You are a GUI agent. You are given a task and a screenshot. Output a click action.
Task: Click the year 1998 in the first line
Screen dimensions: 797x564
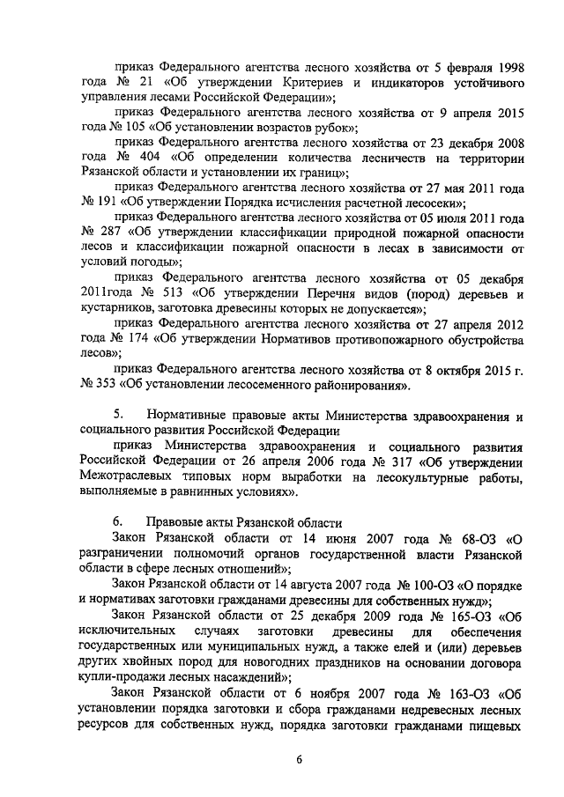click(x=507, y=65)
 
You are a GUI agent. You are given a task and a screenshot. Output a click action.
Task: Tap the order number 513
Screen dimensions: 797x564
click(x=168, y=293)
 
